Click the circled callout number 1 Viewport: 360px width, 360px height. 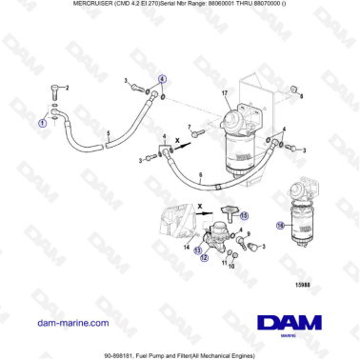(42, 123)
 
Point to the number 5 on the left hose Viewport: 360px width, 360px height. (110, 134)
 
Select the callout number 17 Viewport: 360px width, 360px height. (225, 93)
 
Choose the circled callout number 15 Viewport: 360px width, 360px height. (244, 215)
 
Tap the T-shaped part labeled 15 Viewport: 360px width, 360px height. (227, 209)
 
